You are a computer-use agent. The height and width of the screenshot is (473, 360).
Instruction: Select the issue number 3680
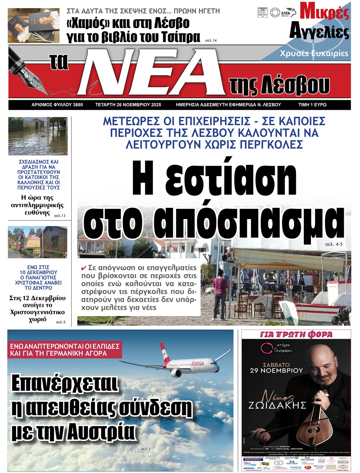tap(78, 105)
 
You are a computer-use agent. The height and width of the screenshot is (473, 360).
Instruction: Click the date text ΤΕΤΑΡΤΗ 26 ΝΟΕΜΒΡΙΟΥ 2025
tap(128, 105)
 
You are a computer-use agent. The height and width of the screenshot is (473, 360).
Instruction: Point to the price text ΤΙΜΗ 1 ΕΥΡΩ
tap(312, 105)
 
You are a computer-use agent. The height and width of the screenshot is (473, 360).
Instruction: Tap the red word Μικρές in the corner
tap(324, 13)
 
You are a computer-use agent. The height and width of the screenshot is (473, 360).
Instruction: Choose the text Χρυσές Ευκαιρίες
tap(314, 53)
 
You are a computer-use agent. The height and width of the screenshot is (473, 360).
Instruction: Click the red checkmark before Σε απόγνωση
tap(84, 268)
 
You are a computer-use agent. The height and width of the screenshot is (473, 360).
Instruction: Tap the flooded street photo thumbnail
tap(38, 136)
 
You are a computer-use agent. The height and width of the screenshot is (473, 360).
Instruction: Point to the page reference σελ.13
tap(60, 216)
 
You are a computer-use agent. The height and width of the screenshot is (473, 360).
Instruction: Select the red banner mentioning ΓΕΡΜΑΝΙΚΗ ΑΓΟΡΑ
tap(64, 349)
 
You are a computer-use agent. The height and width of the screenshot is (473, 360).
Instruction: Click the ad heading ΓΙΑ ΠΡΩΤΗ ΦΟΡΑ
tap(296, 335)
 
